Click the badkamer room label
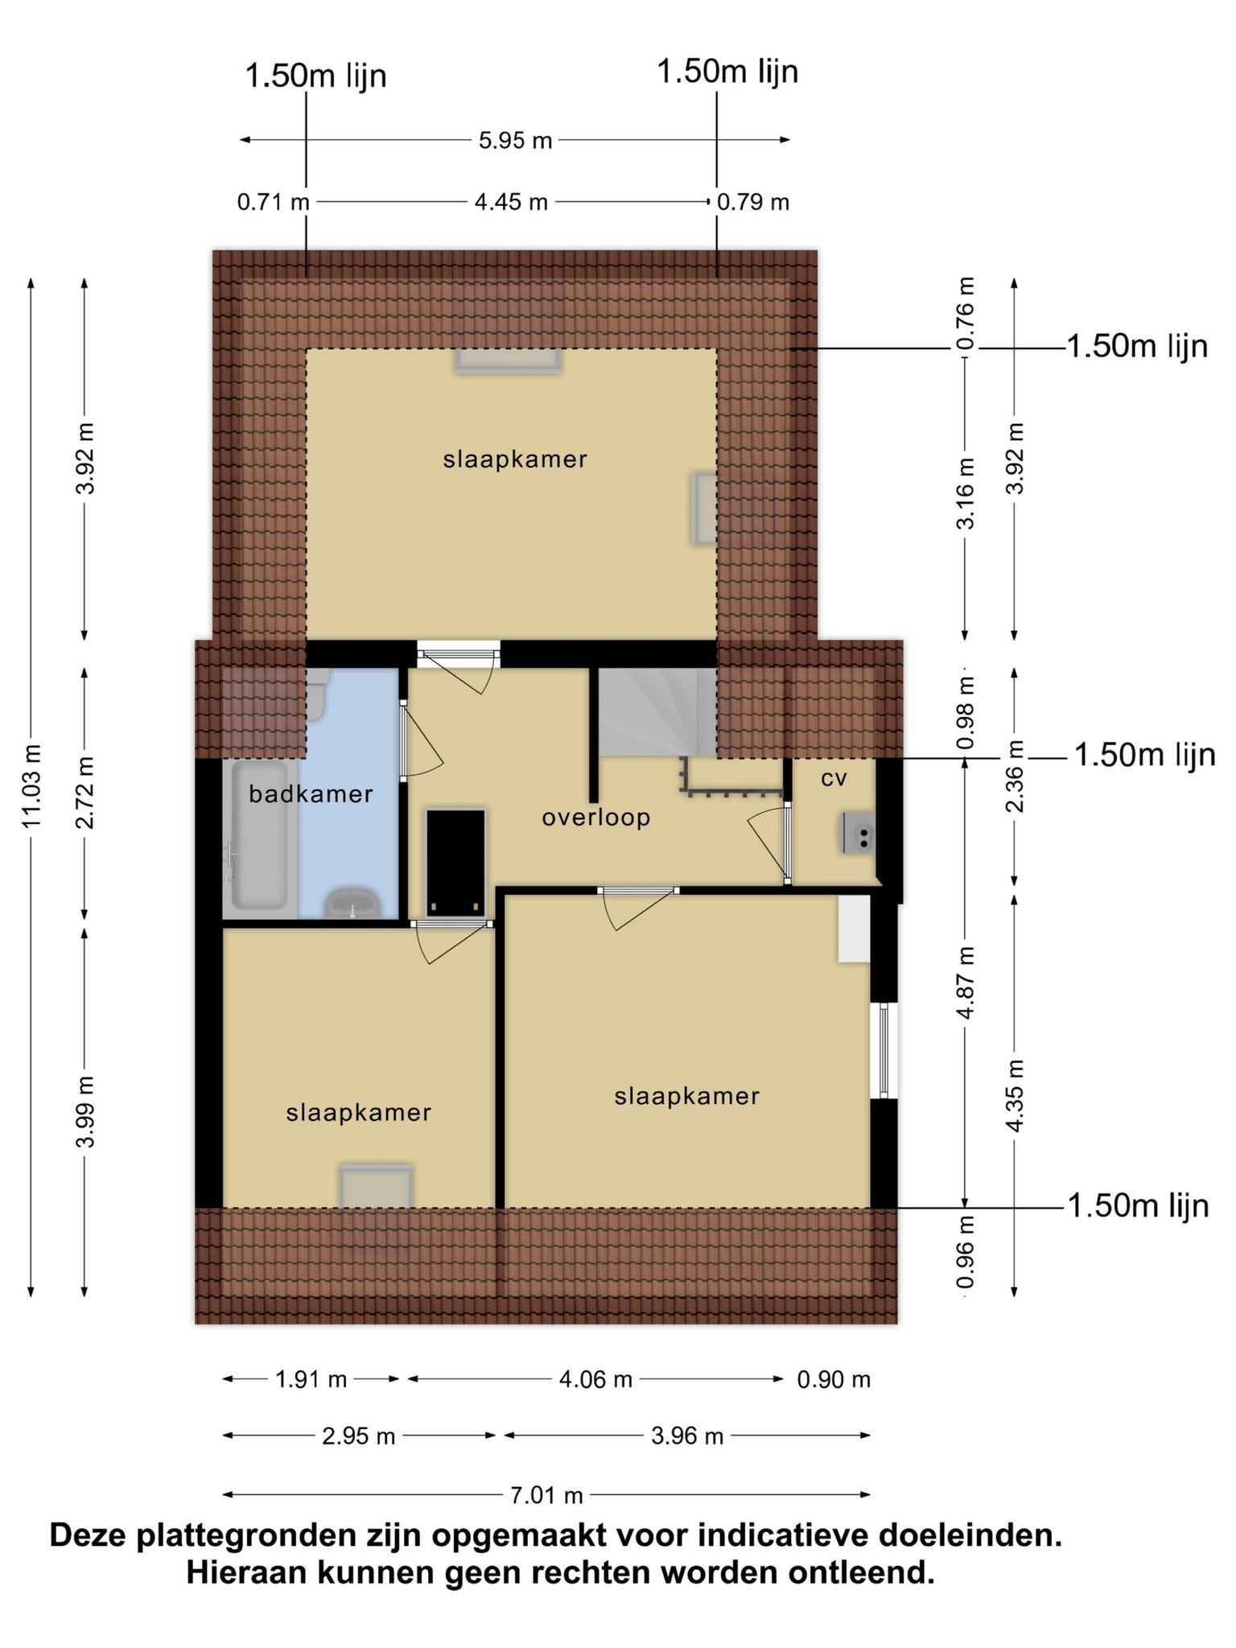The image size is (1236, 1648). coord(311,794)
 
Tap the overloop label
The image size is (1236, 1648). coord(595,818)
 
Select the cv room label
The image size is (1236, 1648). coord(834,778)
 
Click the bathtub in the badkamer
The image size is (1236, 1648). coord(259,836)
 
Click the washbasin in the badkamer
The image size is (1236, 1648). coord(352,903)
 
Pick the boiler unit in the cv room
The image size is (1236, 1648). coord(859,832)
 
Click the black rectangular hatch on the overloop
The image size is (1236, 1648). coord(456,863)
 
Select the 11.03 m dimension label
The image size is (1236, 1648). coord(31,786)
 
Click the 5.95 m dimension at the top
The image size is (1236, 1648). coord(516,141)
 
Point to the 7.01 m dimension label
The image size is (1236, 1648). coord(547,1495)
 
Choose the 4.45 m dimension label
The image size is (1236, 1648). coord(511,201)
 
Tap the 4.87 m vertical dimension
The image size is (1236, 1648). coord(966,982)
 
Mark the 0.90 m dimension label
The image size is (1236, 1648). coord(834,1379)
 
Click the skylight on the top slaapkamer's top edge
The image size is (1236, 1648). coord(508,360)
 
